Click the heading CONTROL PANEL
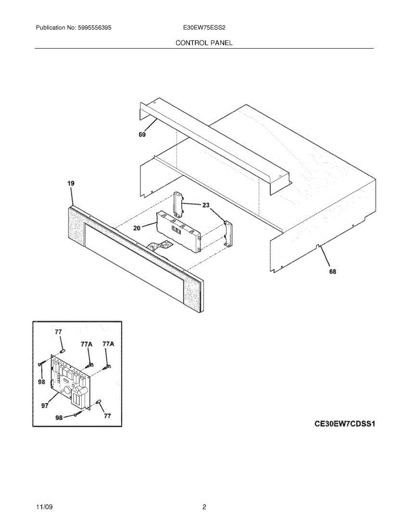click(204, 43)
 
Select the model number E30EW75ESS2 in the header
click(205, 27)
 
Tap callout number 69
click(142, 135)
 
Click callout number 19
click(71, 183)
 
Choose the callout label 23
click(206, 205)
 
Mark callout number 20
click(137, 228)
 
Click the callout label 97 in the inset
click(45, 406)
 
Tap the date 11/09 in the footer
click(44, 507)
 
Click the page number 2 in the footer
click(204, 507)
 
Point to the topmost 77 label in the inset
click(58, 332)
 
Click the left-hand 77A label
click(86, 344)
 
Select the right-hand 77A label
click(108, 344)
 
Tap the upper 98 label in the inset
click(41, 382)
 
